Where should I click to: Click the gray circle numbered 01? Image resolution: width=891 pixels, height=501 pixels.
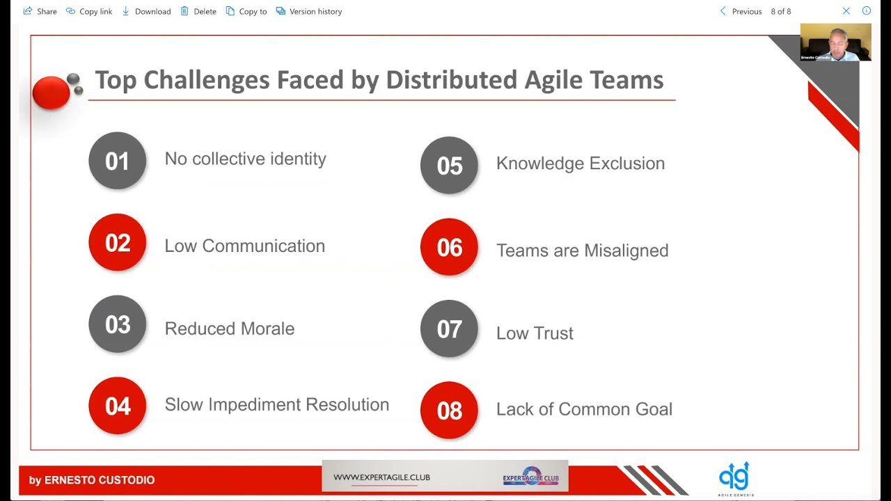tap(118, 161)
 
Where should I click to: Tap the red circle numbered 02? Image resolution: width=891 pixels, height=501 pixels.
tap(118, 243)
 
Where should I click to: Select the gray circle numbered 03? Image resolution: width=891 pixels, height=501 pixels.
tap(118, 324)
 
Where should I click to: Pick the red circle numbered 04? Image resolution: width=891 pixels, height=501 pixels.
tap(118, 406)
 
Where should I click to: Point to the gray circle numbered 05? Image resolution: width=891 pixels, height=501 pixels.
tap(449, 166)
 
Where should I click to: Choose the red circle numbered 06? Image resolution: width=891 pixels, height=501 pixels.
tap(449, 247)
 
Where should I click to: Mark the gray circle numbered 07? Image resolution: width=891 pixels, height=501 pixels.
tap(449, 329)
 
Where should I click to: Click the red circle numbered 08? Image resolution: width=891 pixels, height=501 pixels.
tap(449, 411)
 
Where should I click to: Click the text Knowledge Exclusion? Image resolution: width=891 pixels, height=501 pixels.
tap(580, 164)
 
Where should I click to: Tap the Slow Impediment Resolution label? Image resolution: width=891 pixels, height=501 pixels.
tap(276, 405)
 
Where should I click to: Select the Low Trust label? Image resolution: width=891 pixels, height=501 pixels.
tap(535, 333)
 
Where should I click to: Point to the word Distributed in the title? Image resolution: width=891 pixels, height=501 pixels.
tap(452, 80)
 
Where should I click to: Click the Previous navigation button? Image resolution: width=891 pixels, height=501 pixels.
tap(741, 11)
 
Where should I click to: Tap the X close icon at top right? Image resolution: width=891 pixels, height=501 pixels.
tap(846, 11)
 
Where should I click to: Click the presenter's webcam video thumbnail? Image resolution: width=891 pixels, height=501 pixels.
tap(835, 42)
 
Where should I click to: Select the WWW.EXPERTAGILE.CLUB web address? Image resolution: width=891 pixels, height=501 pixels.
tap(381, 477)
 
